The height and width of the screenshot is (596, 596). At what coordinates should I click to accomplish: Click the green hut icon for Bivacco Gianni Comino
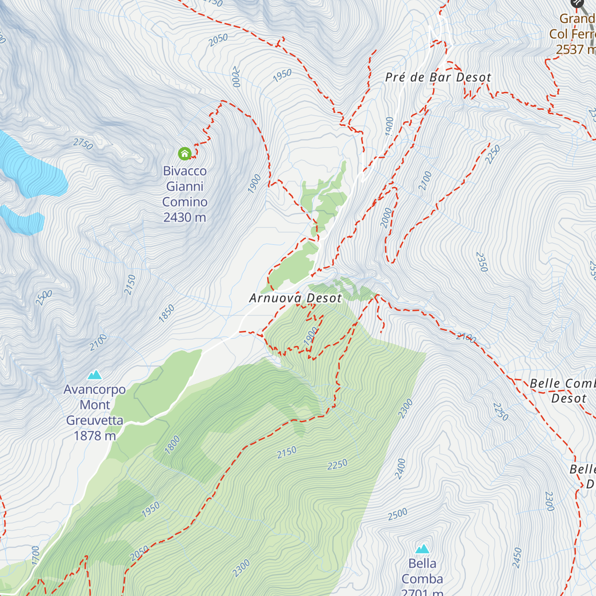click(x=185, y=153)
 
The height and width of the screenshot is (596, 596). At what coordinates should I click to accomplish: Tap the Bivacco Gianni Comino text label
click(x=185, y=194)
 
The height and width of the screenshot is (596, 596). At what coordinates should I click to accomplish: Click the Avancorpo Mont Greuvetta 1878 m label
click(x=94, y=412)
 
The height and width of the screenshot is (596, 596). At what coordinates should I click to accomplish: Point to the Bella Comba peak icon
click(x=422, y=548)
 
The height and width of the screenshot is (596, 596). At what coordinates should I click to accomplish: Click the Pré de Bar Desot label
click(x=438, y=77)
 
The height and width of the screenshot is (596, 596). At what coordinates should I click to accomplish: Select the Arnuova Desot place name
click(x=296, y=298)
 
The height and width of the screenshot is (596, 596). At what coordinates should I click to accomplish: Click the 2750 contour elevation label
click(x=83, y=144)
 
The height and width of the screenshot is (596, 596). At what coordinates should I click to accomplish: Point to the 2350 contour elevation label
click(x=482, y=262)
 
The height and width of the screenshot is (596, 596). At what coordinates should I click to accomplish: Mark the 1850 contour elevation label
click(x=167, y=313)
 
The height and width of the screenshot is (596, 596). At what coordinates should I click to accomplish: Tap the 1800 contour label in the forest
click(x=172, y=445)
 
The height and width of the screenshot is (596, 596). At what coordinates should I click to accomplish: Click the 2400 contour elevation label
click(x=400, y=469)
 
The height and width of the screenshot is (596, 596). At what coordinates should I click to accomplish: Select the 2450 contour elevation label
click(x=517, y=558)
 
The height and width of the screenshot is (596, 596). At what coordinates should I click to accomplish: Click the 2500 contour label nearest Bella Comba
click(x=397, y=514)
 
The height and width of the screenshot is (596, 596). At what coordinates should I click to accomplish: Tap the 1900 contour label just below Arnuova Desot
click(x=311, y=336)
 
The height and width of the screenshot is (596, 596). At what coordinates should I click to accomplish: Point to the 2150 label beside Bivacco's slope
click(x=130, y=285)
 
